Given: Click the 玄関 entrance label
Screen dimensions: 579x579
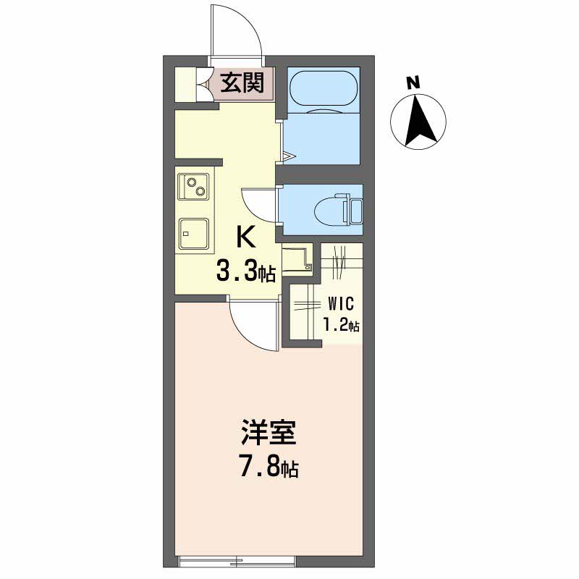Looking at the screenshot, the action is coord(242,83).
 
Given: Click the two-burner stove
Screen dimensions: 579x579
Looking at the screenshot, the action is coord(193,187).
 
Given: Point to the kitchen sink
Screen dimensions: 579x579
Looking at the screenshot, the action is coord(193,233).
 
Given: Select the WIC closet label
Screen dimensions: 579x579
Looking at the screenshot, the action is coord(341,303).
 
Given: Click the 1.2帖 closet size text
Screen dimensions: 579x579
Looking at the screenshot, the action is coord(341,325).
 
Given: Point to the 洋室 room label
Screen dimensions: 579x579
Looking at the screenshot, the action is coord(269,432).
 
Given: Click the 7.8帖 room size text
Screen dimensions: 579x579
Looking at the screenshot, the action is coord(269,468).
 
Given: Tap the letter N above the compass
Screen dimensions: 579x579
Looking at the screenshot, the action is coord(413,83).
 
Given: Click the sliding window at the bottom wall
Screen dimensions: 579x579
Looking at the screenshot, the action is coord(237,561).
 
